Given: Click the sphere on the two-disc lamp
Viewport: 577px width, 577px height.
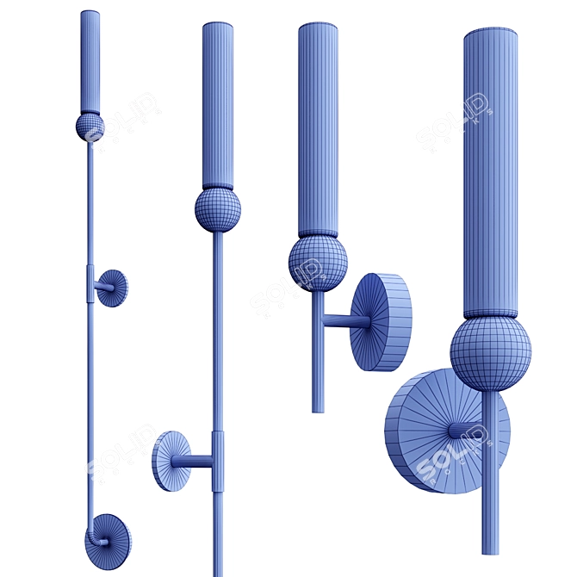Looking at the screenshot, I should coord(90,127).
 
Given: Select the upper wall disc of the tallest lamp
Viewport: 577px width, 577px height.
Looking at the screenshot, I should coord(111,288).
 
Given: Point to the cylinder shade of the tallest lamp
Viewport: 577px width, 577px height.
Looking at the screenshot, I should coord(90,60).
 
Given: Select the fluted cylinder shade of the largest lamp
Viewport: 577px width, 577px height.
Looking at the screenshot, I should coord(490,172).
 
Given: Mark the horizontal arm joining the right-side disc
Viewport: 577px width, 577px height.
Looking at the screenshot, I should coord(346,322).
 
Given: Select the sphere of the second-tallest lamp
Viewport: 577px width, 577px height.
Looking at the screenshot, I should coord(217,209).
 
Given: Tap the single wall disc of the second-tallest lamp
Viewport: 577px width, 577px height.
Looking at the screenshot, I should coord(171,461).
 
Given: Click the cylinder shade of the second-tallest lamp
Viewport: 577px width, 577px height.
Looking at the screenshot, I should coord(218,103).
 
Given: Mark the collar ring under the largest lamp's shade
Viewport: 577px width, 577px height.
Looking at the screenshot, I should coord(490,313).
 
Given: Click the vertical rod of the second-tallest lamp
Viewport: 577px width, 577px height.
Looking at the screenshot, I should coord(217,344).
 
